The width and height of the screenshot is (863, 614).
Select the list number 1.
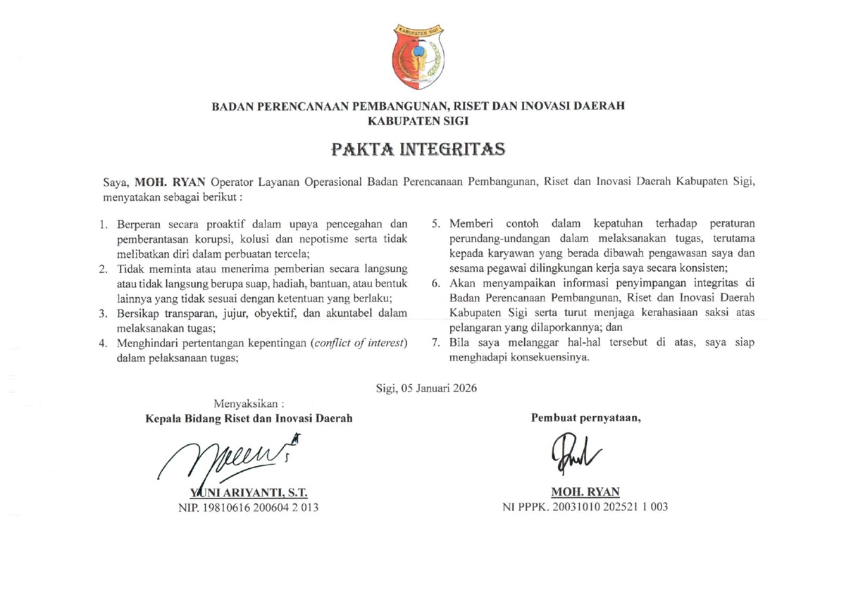(x=103, y=225)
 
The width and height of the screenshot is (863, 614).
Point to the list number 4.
(x=103, y=344)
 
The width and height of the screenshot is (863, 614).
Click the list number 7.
(x=436, y=344)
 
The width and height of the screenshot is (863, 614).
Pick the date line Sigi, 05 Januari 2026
(x=427, y=387)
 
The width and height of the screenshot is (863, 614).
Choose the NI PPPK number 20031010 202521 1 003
(x=585, y=506)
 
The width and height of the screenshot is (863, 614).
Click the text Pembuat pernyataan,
(x=585, y=418)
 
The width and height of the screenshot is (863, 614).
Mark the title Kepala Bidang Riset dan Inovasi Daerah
(x=249, y=418)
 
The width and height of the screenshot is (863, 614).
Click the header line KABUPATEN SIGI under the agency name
(x=418, y=120)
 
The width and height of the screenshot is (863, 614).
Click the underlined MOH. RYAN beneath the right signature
(x=585, y=492)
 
